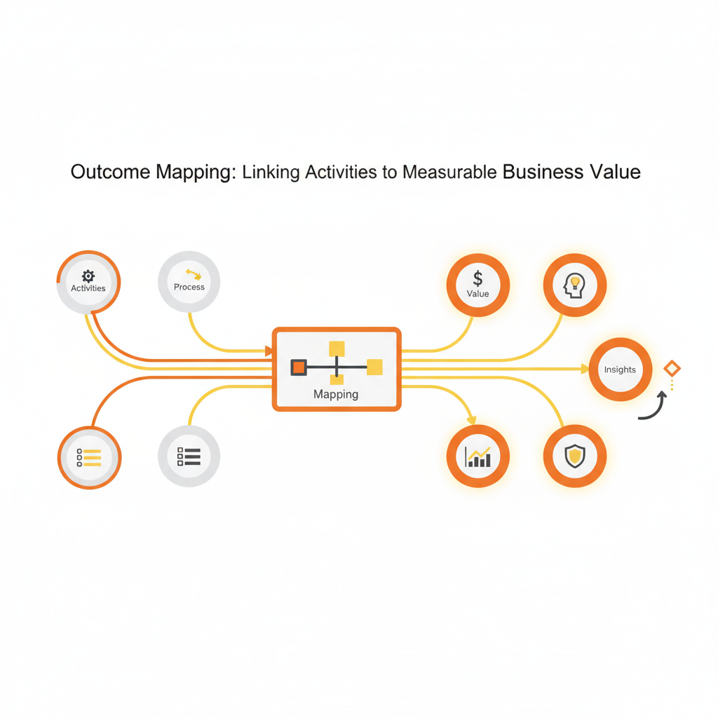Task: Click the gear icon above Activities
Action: (88, 276)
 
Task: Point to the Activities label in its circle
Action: (88, 288)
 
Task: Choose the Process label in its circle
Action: (189, 287)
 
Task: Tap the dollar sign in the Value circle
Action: (477, 278)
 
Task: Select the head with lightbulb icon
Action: (574, 285)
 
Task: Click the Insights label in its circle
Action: (620, 370)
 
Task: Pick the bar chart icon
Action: (478, 456)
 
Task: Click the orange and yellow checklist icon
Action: (89, 457)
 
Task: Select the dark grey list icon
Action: (189, 456)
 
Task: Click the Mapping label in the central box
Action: (336, 394)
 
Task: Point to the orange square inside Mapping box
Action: (299, 367)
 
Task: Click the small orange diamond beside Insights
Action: (672, 368)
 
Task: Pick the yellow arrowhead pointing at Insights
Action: (584, 368)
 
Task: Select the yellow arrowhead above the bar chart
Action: (471, 419)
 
